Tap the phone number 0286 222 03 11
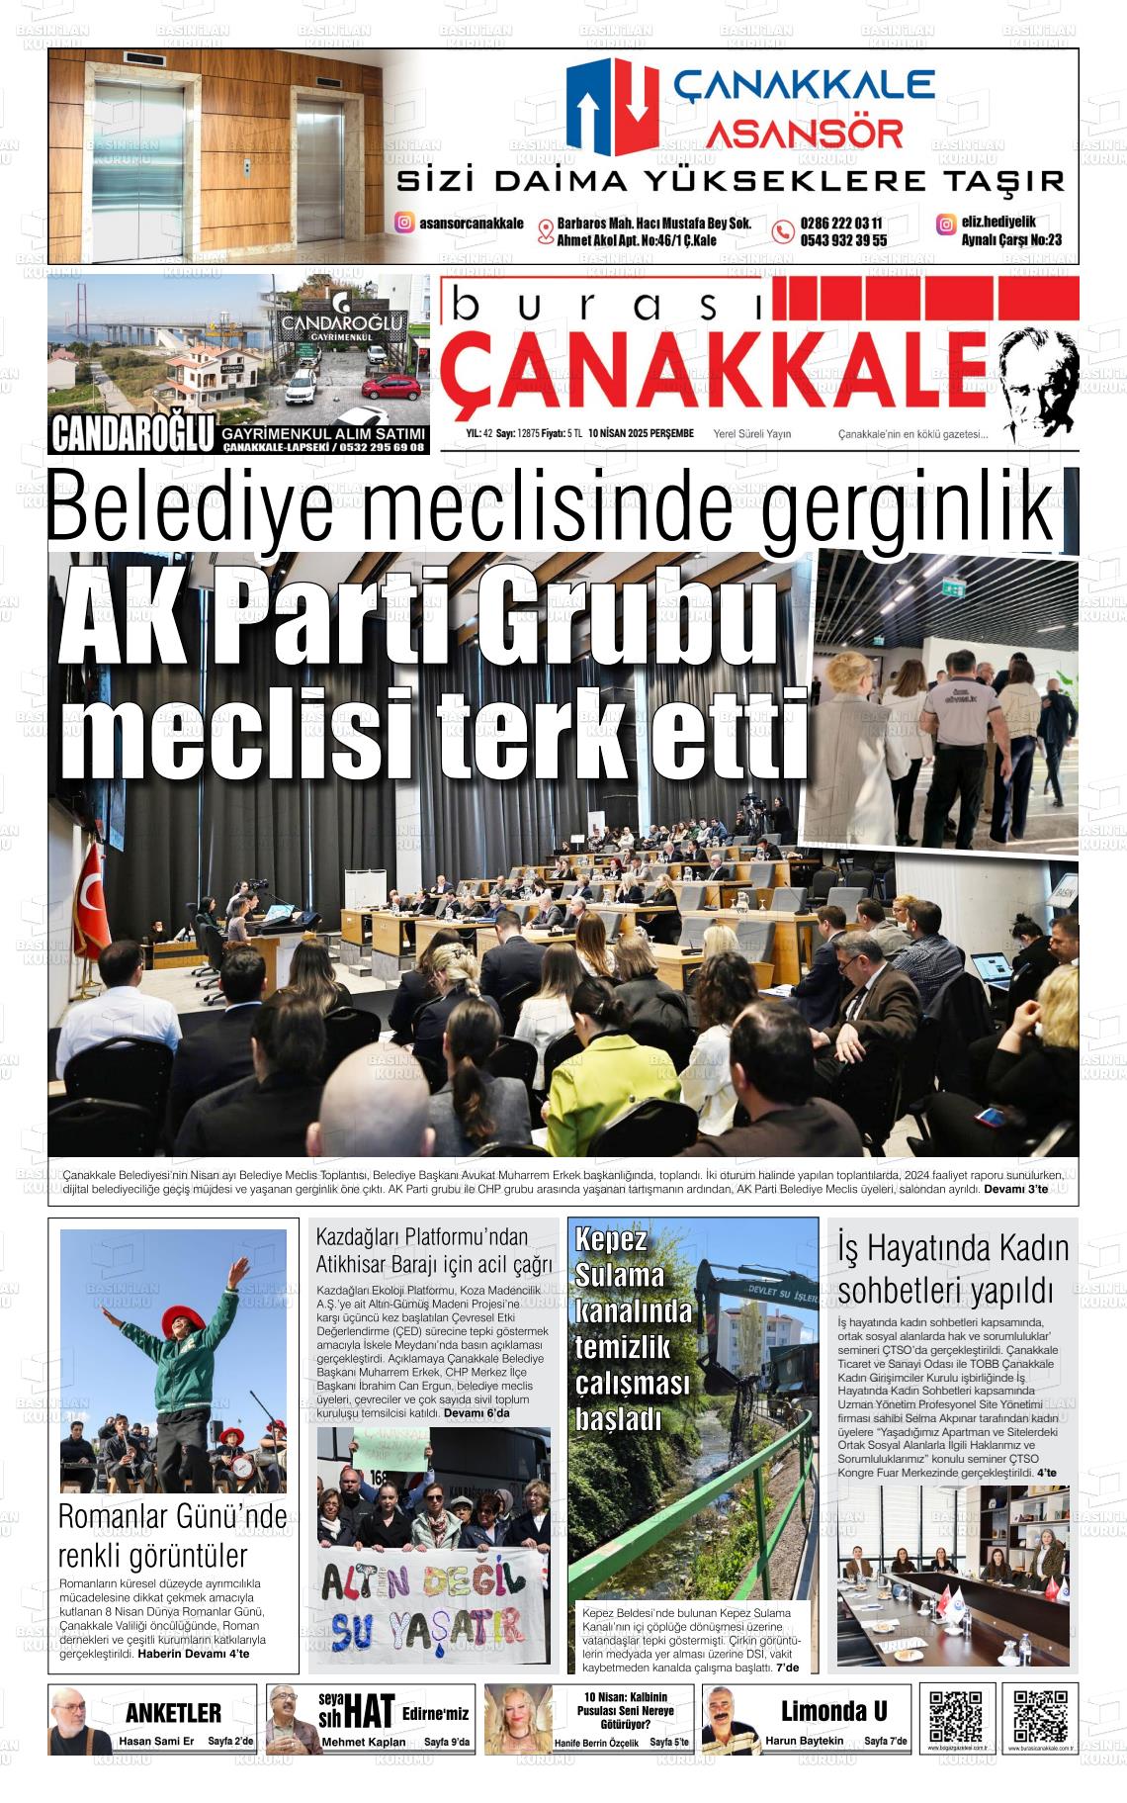coord(841,224)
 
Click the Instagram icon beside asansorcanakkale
coord(404,223)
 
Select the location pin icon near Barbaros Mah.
coord(545,231)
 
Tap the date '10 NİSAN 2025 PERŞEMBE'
coord(640,433)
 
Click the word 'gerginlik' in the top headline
coord(906,506)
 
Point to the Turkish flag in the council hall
coord(92,889)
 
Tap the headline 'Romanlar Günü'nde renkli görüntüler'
coord(172,1535)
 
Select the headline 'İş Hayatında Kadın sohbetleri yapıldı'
coord(953,1268)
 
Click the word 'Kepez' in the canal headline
coord(611,1240)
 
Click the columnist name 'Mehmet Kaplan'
coord(364,1741)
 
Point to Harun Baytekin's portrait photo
coord(731,1719)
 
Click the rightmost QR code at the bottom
coord(1040,1717)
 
